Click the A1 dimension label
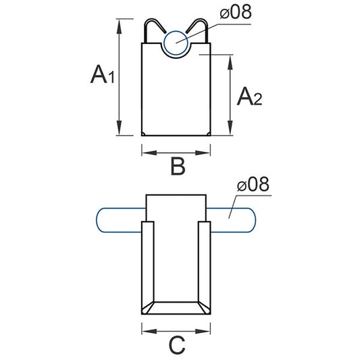click(103, 74)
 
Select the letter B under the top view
click(177, 166)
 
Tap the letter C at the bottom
click(176, 345)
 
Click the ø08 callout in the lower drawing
click(253, 184)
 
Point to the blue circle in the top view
click(177, 43)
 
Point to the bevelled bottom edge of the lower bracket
click(176, 308)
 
